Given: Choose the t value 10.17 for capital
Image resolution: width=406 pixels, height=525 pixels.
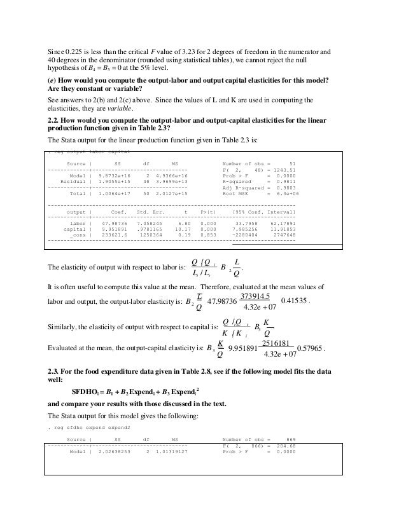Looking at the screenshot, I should coord(185,230).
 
